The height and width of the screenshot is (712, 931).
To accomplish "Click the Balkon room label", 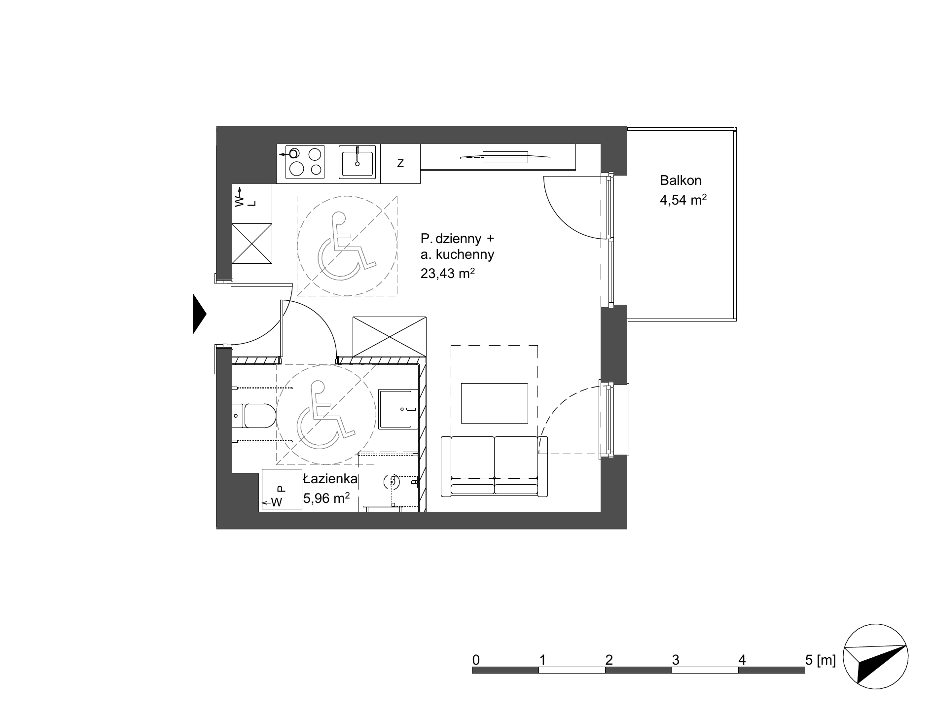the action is [680, 181].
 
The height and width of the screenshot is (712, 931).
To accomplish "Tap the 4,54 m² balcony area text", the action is [683, 200].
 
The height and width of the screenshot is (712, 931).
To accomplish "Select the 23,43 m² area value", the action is [448, 273].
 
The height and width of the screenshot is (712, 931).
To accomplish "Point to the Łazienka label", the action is [329, 479].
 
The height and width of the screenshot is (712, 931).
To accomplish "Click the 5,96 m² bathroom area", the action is [326, 498].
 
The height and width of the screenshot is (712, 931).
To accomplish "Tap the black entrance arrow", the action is [199, 314].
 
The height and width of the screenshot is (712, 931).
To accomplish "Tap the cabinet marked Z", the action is [400, 163].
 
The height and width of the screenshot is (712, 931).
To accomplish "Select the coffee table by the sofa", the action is [495, 403].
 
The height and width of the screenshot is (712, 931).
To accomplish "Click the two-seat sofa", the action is [495, 466].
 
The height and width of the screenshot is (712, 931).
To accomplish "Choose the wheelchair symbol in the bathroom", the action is [326, 415].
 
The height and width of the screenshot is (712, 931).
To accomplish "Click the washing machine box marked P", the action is [282, 489].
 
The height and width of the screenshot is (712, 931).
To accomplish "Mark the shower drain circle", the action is [393, 482].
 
